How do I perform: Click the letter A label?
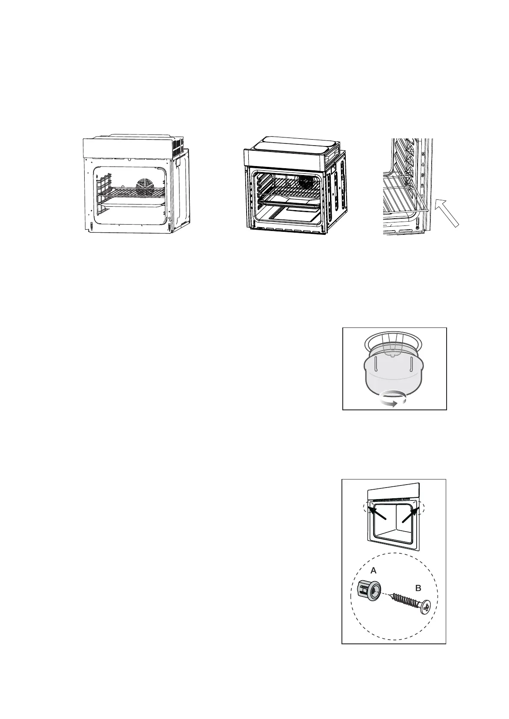[374, 570]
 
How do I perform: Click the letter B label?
[418, 588]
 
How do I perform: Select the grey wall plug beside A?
[367, 591]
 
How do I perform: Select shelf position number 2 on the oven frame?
[422, 187]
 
